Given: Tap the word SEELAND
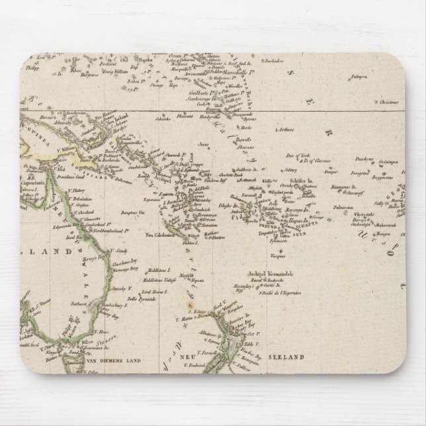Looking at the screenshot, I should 288,357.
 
